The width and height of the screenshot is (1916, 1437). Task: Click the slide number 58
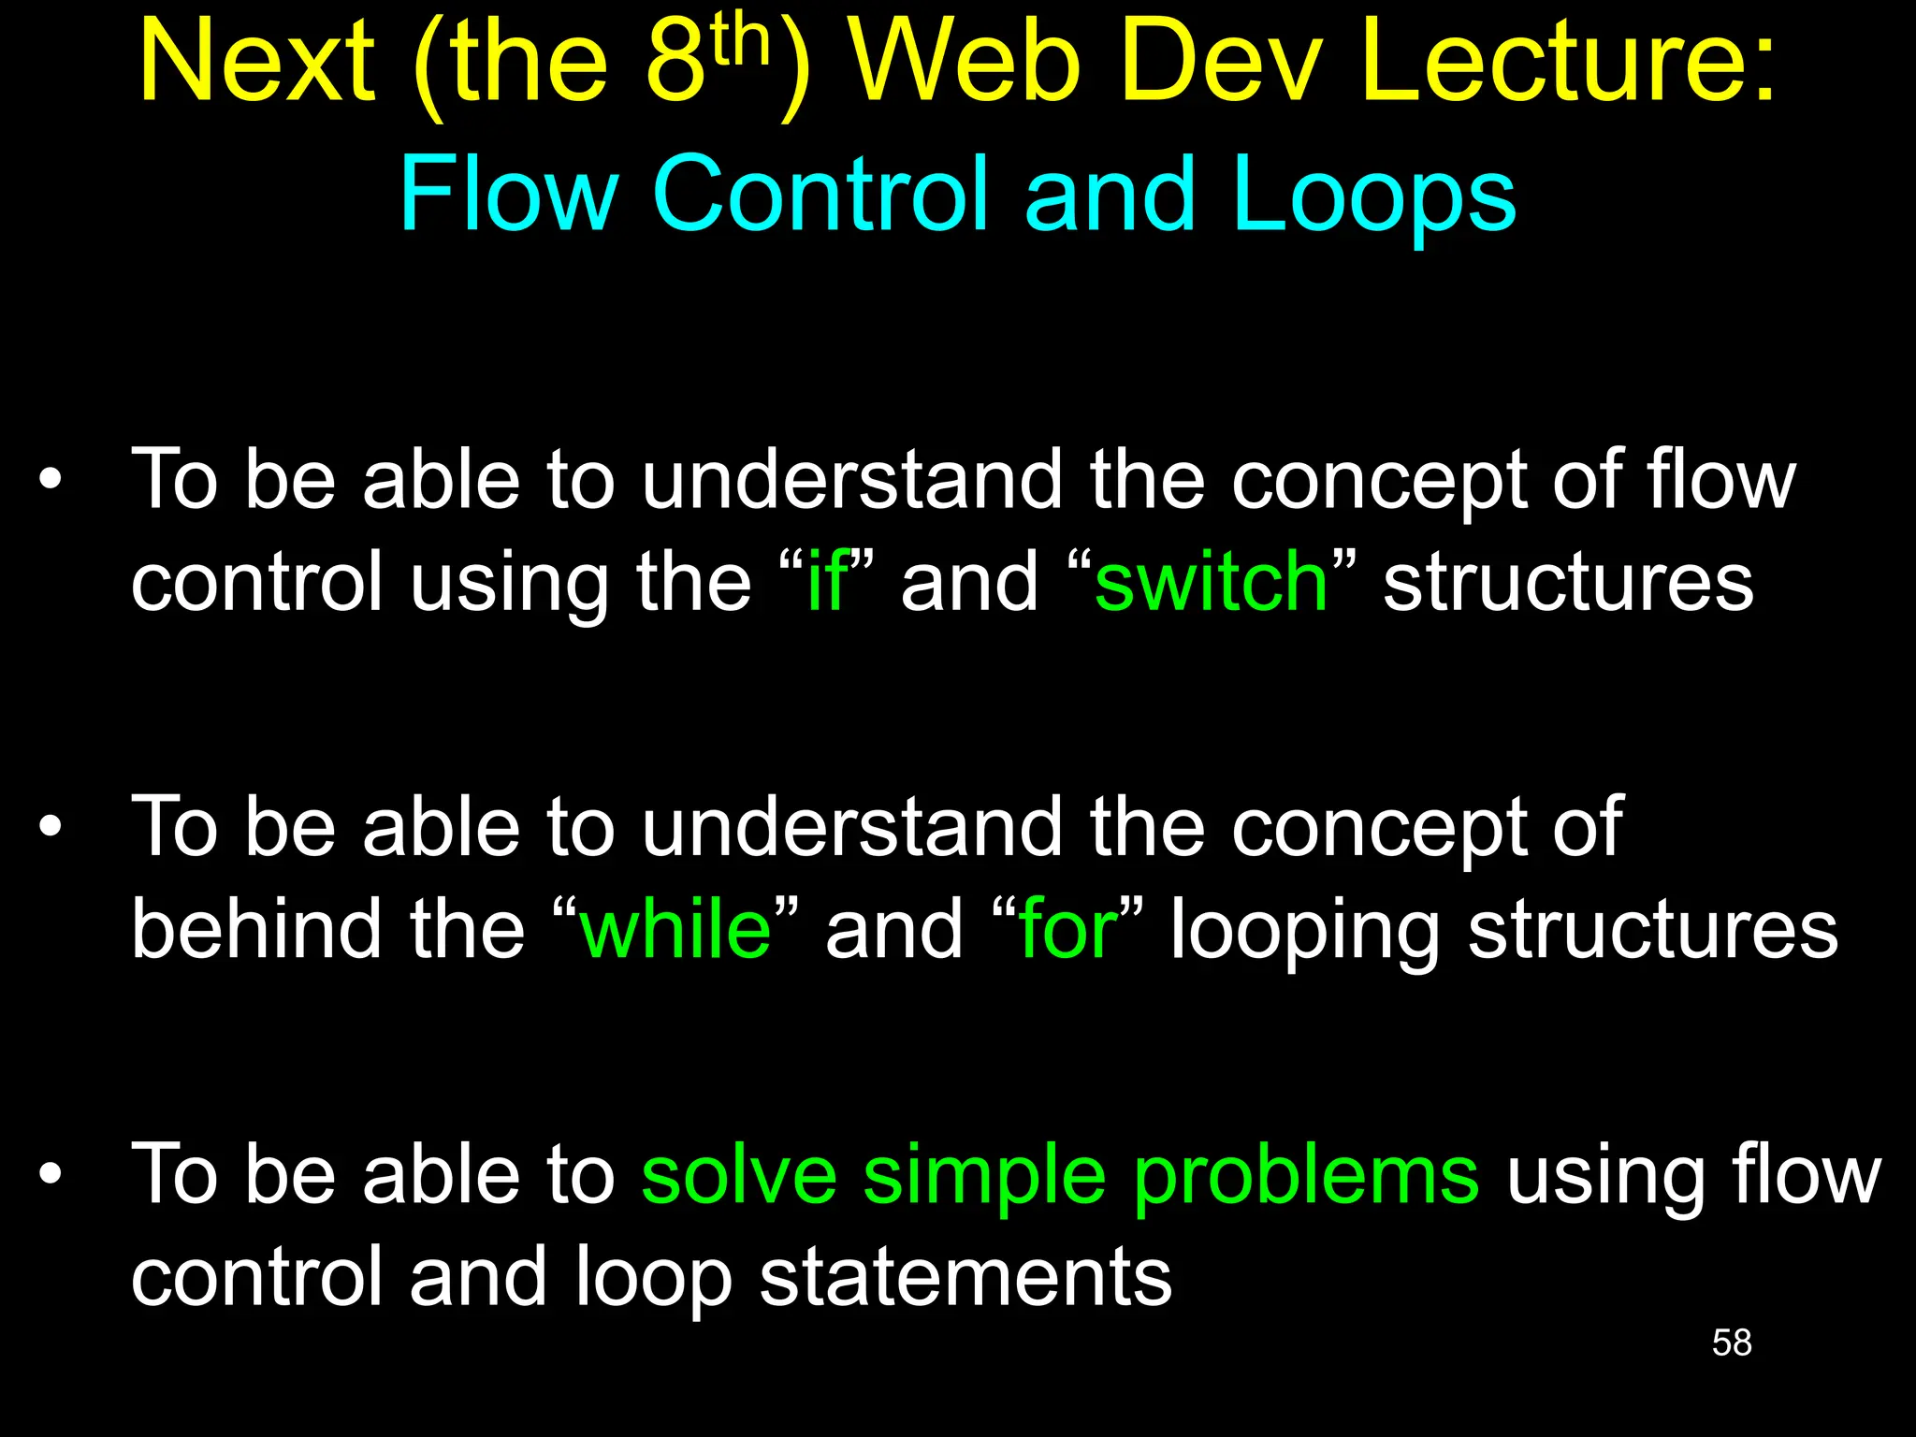point(1731,1343)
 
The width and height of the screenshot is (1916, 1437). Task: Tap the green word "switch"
point(1211,583)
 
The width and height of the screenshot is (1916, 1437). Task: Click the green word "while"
point(675,929)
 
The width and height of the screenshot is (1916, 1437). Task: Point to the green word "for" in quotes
point(1067,929)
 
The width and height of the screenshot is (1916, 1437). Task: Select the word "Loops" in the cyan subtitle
point(1373,195)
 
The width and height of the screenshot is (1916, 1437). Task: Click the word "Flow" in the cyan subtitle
point(508,195)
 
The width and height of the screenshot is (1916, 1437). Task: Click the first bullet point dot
point(51,481)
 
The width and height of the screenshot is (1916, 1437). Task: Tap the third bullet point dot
point(51,1173)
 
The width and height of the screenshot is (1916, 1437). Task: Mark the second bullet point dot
point(51,827)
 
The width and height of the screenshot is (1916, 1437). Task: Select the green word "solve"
point(739,1175)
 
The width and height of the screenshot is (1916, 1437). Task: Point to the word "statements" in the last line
point(965,1278)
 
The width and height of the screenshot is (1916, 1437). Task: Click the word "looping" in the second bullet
point(1304,932)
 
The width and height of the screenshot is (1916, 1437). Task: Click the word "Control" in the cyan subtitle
point(820,195)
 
